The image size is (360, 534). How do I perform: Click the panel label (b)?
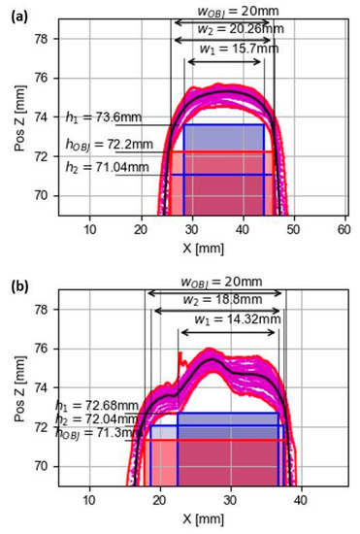click(16, 288)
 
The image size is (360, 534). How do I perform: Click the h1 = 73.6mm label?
click(103, 117)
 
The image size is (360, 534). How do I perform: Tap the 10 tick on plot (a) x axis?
click(90, 229)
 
